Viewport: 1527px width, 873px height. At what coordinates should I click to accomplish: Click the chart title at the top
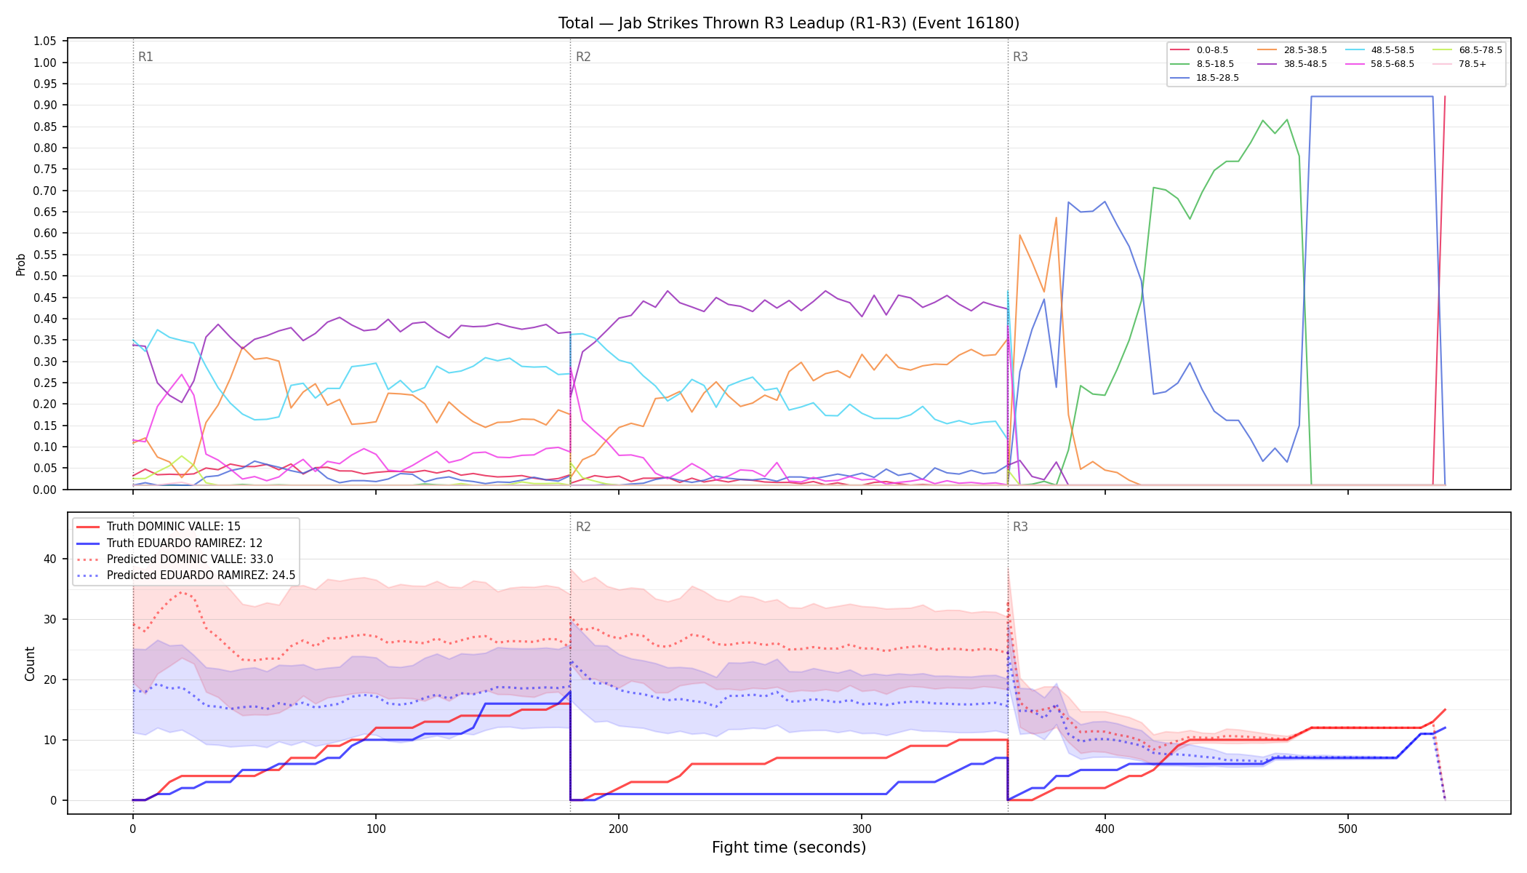(x=788, y=23)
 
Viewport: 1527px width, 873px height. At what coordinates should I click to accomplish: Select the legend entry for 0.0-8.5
(x=1199, y=50)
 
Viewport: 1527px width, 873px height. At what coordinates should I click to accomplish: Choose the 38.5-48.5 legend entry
(x=1291, y=64)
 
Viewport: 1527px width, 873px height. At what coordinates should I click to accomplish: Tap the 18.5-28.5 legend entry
(x=1204, y=78)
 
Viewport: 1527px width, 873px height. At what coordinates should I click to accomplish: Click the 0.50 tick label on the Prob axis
(x=45, y=276)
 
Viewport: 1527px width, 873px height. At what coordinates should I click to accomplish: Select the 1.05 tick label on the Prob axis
(x=45, y=41)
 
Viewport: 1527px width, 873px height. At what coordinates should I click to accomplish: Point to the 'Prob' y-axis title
(x=21, y=264)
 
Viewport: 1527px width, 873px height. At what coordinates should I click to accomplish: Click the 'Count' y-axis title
(x=30, y=663)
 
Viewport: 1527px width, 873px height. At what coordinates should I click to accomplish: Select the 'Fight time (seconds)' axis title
(x=789, y=848)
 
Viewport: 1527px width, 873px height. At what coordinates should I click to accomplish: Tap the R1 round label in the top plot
(x=145, y=57)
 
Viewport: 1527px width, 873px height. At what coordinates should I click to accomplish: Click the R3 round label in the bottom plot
(x=1020, y=527)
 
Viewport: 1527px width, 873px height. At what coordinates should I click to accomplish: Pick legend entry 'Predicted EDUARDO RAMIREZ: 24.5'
(x=185, y=575)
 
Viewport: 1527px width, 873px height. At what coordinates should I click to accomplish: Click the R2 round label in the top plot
(x=583, y=57)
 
